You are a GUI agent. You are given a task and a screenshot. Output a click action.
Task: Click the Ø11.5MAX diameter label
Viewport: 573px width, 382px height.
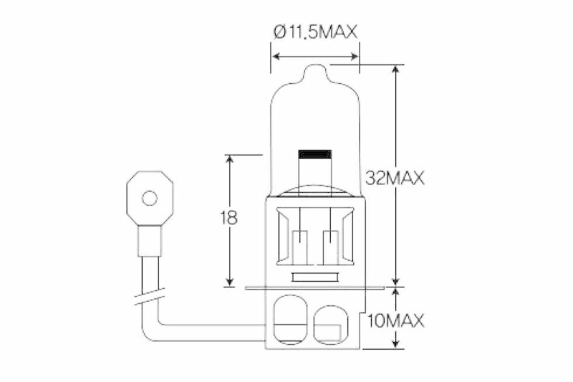[314, 32]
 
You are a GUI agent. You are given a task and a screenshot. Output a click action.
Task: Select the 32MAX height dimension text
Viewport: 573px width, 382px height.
[395, 178]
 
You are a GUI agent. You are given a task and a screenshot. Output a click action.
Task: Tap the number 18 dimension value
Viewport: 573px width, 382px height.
[229, 219]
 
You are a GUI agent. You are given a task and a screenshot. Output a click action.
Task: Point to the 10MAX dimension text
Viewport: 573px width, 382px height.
[395, 320]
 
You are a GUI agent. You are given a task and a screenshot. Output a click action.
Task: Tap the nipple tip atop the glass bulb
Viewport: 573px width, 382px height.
[314, 72]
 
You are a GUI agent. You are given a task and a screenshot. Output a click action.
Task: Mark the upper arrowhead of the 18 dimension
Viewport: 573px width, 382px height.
[229, 160]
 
